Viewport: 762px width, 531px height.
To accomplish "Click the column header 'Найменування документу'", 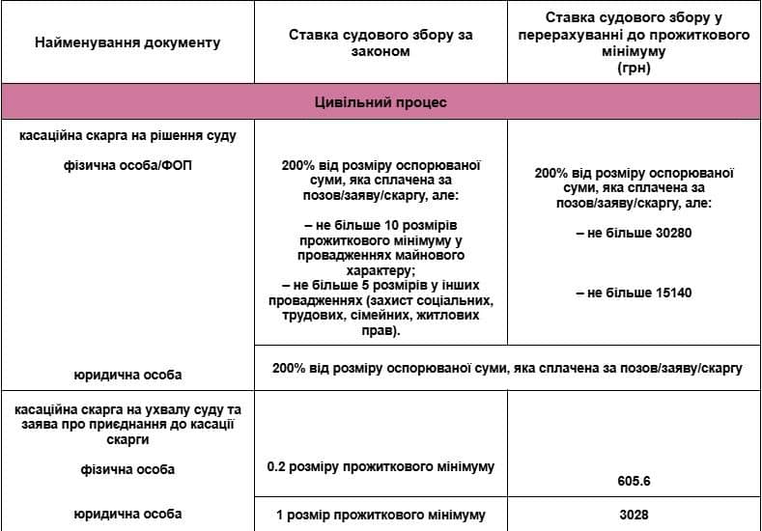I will [x=127, y=42].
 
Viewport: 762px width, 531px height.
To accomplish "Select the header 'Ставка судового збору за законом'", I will [x=381, y=42].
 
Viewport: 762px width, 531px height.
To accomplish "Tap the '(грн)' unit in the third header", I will [x=634, y=70].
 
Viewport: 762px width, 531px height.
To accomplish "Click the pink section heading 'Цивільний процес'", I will [x=381, y=101].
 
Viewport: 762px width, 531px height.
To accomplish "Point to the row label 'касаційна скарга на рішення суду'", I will [x=127, y=135].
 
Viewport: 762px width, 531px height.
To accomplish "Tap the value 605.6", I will [x=634, y=480].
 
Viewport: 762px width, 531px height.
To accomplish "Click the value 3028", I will [x=634, y=515].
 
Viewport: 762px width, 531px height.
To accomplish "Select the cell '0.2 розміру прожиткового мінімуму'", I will [x=381, y=466].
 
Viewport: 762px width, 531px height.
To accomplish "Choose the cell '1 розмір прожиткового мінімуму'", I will [x=381, y=514].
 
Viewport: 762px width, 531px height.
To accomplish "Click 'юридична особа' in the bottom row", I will [x=127, y=514].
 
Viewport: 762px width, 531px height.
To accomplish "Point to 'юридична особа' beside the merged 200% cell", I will [x=127, y=374].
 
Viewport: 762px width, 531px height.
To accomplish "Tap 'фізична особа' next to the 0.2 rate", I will [x=127, y=470].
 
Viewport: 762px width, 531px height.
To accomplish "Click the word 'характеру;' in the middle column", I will [x=381, y=271].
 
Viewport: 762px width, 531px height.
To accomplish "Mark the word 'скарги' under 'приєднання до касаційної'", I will [x=127, y=439].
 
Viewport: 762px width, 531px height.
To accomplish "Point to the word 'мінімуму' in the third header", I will [x=634, y=56].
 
